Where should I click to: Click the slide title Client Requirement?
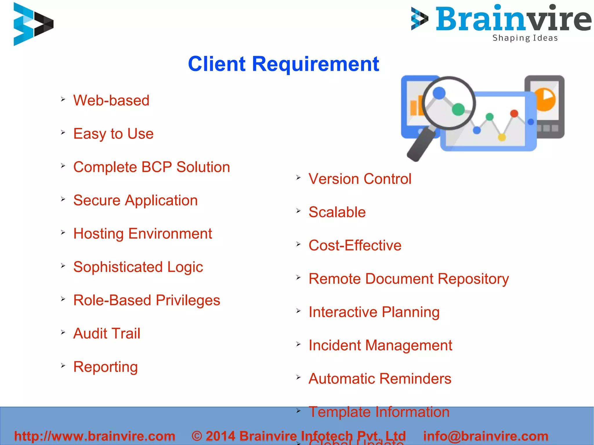point(283,64)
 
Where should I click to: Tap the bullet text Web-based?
point(111,101)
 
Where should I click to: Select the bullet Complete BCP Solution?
point(151,167)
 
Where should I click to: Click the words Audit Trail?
point(107,334)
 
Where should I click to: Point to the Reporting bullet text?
point(105,367)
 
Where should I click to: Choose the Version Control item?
point(360,179)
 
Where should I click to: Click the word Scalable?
point(337,212)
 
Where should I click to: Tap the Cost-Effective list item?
point(355,246)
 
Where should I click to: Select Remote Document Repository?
point(408,279)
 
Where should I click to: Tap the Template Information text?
point(379,412)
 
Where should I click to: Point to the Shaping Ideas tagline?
point(525,38)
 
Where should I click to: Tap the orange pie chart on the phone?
point(545,99)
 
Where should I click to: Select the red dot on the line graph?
point(514,113)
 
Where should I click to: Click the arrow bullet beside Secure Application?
point(63,199)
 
